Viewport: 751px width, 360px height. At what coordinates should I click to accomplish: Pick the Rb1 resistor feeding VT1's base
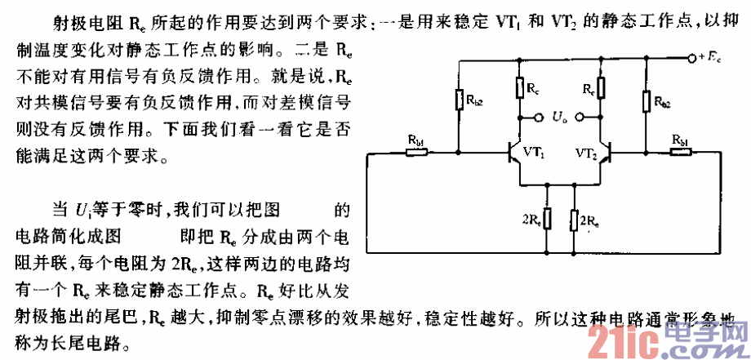[415, 152]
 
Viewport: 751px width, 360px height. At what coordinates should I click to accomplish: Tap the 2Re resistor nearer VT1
[548, 220]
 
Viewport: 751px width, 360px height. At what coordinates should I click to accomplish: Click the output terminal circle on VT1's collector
[538, 118]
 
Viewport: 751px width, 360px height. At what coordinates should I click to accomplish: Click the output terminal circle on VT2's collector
[580, 118]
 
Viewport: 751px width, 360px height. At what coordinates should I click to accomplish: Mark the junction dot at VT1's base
[458, 152]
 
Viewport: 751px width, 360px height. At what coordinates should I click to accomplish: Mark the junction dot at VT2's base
[646, 152]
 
